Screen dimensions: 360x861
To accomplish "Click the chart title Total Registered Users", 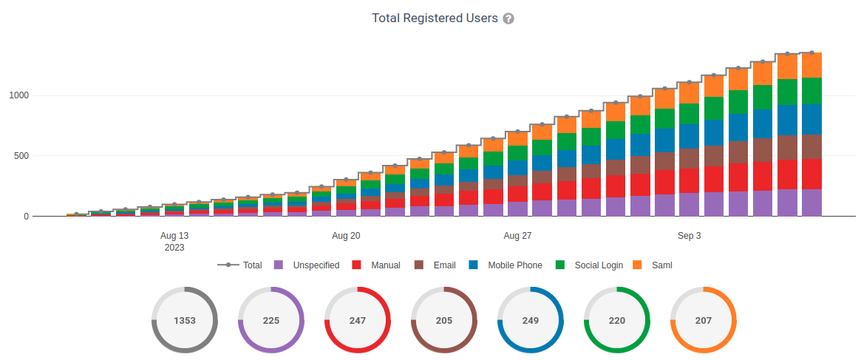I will [x=435, y=18].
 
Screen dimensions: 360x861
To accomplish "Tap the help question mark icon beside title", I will [x=508, y=18].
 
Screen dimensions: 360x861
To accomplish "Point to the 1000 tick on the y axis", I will [x=19, y=95].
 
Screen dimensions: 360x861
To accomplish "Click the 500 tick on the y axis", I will [x=21, y=156].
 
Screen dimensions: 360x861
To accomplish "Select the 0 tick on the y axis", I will [x=26, y=217].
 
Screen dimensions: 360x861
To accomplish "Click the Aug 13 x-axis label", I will [x=174, y=236].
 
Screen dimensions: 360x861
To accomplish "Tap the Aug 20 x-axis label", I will [x=346, y=236].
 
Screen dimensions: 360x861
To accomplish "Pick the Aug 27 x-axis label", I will [x=517, y=236].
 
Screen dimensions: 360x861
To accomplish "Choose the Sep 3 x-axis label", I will [x=690, y=236].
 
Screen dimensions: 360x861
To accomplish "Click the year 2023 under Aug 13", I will [x=174, y=248].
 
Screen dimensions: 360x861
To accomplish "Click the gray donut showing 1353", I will [x=185, y=320].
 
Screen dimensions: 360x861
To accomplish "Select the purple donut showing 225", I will [x=271, y=320].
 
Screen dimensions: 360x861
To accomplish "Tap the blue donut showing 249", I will [x=531, y=320].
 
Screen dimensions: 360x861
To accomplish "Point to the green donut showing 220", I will [x=617, y=320].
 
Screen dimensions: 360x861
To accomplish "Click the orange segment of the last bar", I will [x=812, y=65].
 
